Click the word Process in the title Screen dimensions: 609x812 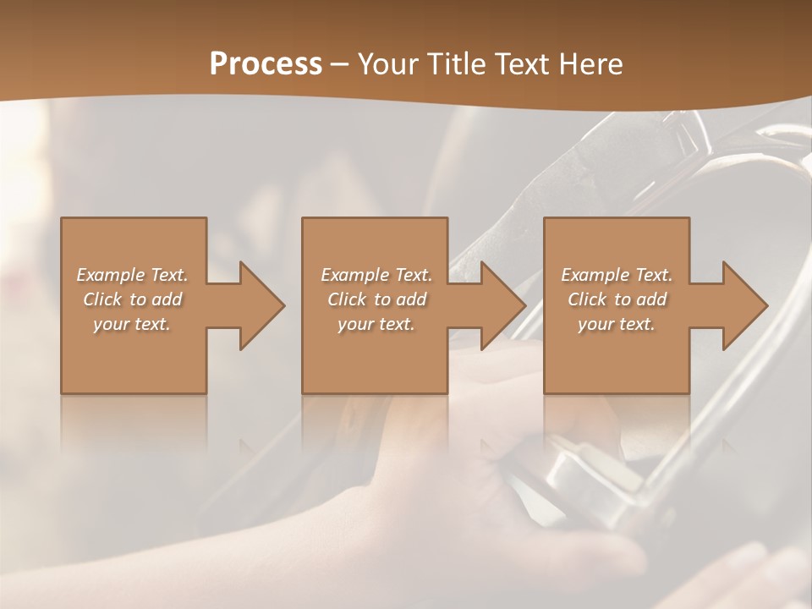coord(266,64)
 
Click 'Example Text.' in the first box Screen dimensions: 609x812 coord(132,275)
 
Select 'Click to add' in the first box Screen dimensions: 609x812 coord(132,299)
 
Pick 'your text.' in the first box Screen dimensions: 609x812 coord(132,324)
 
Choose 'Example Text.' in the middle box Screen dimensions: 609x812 coord(376,275)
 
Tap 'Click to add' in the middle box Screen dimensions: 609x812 coord(376,299)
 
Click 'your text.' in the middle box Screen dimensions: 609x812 coord(376,324)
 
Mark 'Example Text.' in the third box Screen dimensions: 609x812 coord(617,275)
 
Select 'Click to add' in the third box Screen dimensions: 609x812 coord(617,299)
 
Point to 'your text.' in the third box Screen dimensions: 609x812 coord(617,324)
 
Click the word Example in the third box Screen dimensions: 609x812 coord(595,275)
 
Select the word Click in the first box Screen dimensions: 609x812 coord(101,299)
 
